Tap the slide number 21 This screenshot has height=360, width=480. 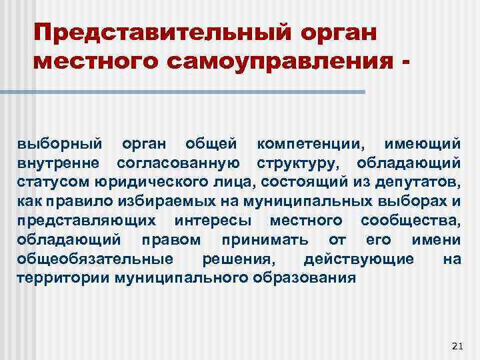[457, 345]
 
